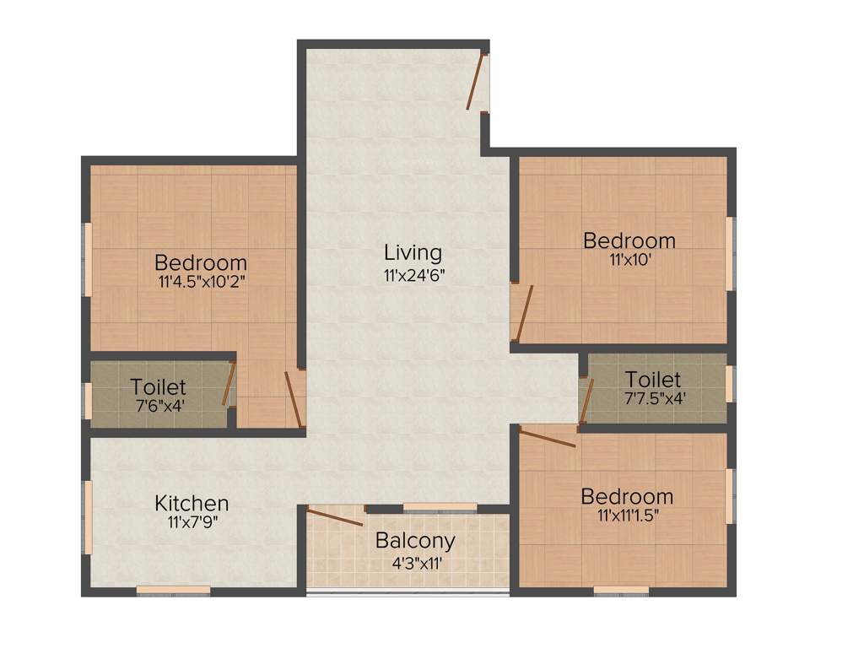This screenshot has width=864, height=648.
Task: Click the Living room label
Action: [413, 252]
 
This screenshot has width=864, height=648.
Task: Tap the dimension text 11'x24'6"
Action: [413, 274]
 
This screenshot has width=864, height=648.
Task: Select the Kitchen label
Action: [192, 504]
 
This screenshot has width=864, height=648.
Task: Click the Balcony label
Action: [415, 540]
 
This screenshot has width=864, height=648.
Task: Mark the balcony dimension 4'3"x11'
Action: [415, 559]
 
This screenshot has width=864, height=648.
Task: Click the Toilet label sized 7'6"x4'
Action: [158, 386]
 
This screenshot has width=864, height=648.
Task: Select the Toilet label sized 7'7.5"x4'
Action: [653, 380]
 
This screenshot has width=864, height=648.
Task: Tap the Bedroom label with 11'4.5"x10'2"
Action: [201, 262]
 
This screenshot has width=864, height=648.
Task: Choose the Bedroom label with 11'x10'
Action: [629, 240]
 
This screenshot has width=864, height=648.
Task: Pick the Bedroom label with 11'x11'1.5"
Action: [627, 496]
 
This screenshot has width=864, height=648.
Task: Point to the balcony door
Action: [335, 517]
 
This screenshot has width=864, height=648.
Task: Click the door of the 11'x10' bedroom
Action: [524, 312]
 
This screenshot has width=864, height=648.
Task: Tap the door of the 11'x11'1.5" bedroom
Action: [548, 438]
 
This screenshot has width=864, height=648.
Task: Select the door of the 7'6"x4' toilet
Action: [228, 385]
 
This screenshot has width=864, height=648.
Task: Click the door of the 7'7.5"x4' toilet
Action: [586, 401]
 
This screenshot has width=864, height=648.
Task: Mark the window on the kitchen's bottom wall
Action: [173, 590]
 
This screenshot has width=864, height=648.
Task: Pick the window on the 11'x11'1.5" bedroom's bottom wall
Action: [621, 590]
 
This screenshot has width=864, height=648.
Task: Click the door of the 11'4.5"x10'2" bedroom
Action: [294, 400]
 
